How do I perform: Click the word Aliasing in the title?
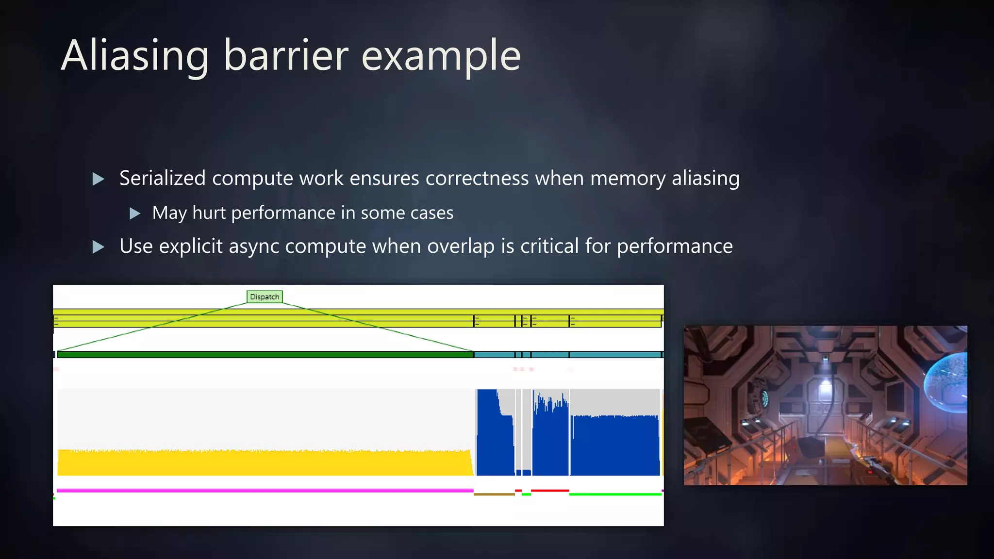tap(135, 56)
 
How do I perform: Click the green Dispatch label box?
tap(265, 296)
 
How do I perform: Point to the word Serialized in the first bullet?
tap(162, 178)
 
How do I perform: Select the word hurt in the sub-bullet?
tap(209, 213)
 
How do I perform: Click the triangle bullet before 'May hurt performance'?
tap(135, 213)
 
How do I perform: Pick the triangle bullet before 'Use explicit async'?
tap(98, 247)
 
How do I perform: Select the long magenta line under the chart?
tap(265, 491)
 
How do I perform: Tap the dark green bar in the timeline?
tap(265, 355)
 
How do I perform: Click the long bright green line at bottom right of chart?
tap(615, 494)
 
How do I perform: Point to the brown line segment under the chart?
tap(494, 494)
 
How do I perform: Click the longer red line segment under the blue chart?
tap(549, 491)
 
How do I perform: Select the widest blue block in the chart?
tap(615, 445)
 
